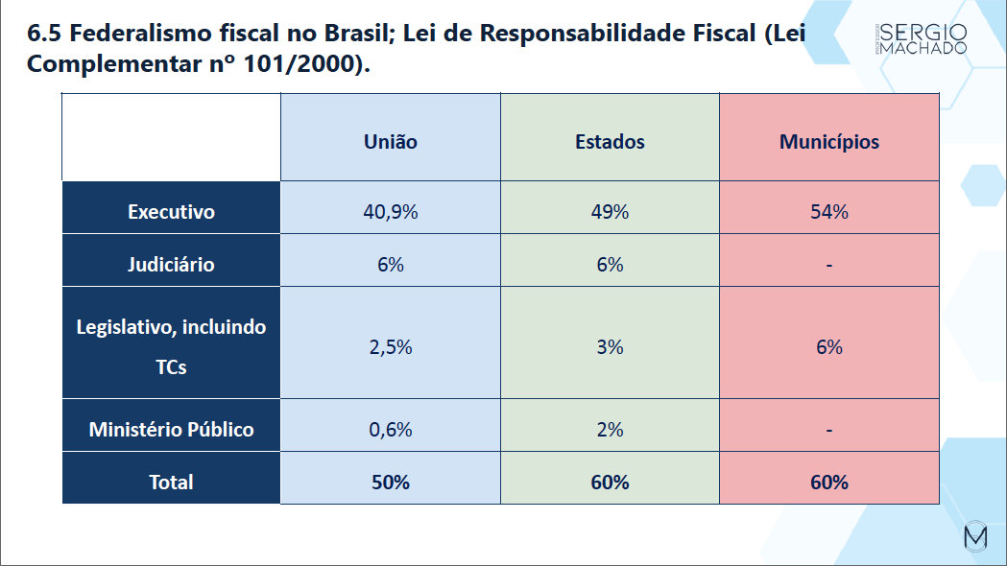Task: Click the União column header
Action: click(391, 142)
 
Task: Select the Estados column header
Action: click(610, 142)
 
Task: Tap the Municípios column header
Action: click(828, 142)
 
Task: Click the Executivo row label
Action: click(171, 212)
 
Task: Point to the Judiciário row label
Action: click(171, 264)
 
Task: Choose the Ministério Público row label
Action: click(171, 429)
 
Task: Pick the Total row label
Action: click(171, 482)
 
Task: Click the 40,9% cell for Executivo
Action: click(391, 212)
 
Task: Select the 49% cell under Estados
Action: click(610, 212)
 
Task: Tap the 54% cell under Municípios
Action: click(828, 212)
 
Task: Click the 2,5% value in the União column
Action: click(391, 346)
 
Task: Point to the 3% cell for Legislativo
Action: click(610, 346)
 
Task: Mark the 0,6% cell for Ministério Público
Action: click(391, 429)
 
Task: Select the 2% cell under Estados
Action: click(610, 429)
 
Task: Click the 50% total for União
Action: click(391, 482)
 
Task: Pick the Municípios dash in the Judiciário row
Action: click(828, 265)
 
